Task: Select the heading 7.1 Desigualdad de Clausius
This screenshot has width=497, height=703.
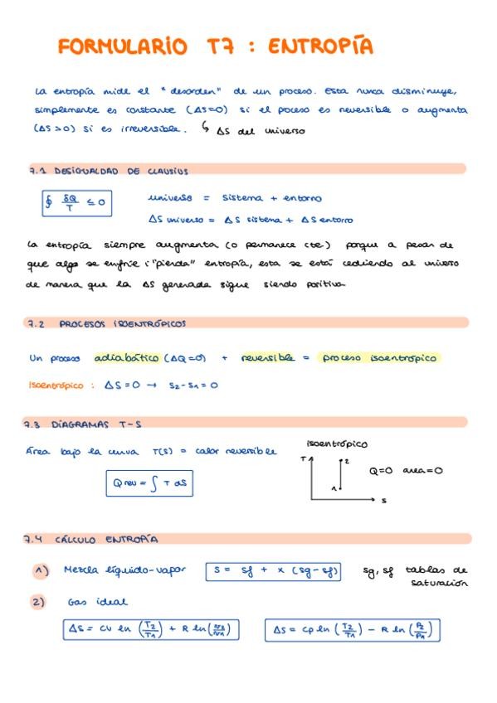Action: [x=108, y=171]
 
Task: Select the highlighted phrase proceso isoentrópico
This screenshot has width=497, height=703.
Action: [x=379, y=358]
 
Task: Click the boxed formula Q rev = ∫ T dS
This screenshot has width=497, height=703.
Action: [x=149, y=483]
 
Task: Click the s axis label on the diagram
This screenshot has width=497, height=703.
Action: [x=385, y=501]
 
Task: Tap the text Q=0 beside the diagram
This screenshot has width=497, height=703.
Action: [x=380, y=470]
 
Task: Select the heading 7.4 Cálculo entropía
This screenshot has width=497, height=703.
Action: [x=91, y=539]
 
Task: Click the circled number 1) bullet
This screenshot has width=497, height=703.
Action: [x=41, y=570]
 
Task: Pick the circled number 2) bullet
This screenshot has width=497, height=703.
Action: [x=39, y=603]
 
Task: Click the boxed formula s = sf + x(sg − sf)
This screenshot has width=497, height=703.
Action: [x=272, y=570]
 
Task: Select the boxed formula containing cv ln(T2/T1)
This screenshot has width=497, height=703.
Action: [x=150, y=631]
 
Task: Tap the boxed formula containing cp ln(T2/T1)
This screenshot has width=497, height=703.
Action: [x=352, y=631]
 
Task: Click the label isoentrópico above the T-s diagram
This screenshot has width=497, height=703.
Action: [x=337, y=444]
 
